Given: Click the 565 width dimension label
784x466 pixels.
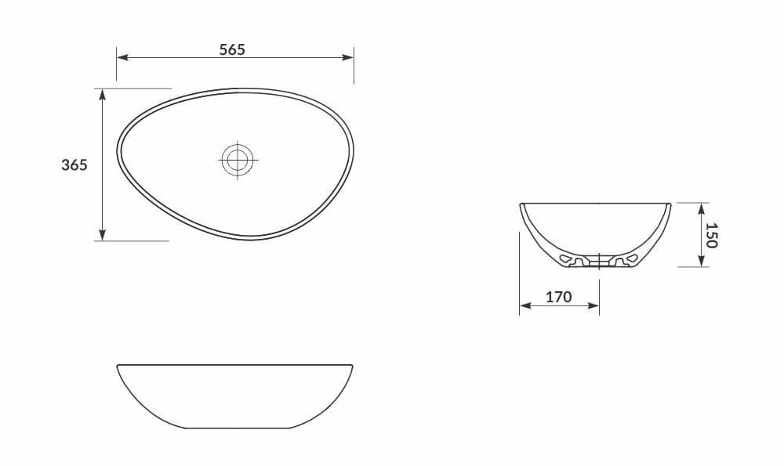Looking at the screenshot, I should pyautogui.click(x=232, y=49).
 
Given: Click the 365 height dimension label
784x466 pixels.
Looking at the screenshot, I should pyautogui.click(x=74, y=165).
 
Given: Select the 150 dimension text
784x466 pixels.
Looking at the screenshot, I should pyautogui.click(x=711, y=235).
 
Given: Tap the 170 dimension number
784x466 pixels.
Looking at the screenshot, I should pyautogui.click(x=558, y=298).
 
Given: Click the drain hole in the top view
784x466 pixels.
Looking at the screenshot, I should pyautogui.click(x=237, y=160).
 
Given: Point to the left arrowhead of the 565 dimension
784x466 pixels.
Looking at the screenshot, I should pyautogui.click(x=122, y=57).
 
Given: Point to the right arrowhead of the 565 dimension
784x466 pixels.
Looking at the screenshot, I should pyautogui.click(x=349, y=57).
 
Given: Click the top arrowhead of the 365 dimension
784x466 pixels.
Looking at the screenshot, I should pyautogui.click(x=102, y=93).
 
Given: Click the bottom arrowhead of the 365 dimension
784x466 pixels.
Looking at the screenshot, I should pyautogui.click(x=102, y=236).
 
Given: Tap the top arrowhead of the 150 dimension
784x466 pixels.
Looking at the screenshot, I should pyautogui.click(x=702, y=208).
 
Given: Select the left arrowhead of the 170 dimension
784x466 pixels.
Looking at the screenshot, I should pyautogui.click(x=524, y=305).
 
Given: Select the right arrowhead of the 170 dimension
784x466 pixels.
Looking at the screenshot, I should pyautogui.click(x=595, y=305).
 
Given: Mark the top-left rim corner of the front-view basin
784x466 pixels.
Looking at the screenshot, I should pyautogui.click(x=118, y=366).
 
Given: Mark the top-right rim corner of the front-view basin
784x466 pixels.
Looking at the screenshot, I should pyautogui.click(x=352, y=366).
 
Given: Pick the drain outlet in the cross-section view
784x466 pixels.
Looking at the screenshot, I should pyautogui.click(x=599, y=263).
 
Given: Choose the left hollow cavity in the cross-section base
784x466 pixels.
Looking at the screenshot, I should pyautogui.click(x=566, y=258).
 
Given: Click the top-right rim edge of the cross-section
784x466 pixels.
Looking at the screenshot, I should pyautogui.click(x=670, y=204).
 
